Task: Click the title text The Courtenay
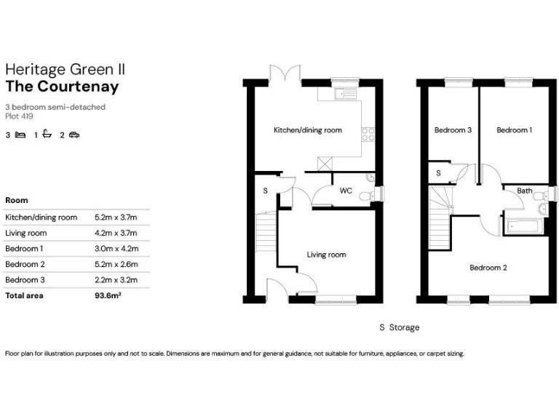[62, 87]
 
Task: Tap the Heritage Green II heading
[66, 69]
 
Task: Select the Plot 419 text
[19, 116]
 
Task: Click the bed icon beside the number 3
[20, 135]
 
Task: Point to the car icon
[74, 135]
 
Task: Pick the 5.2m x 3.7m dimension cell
[116, 217]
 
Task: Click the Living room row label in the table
[25, 233]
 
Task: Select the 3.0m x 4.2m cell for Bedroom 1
[116, 249]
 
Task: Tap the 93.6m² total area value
[108, 296]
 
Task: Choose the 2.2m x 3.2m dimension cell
[116, 280]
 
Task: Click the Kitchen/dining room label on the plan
[307, 130]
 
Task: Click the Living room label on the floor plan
[326, 255]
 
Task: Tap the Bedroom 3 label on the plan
[453, 130]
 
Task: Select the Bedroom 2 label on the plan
[488, 268]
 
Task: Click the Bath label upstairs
[524, 191]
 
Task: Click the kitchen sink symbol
[343, 93]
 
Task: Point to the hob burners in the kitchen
[368, 133]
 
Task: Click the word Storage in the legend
[405, 327]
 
